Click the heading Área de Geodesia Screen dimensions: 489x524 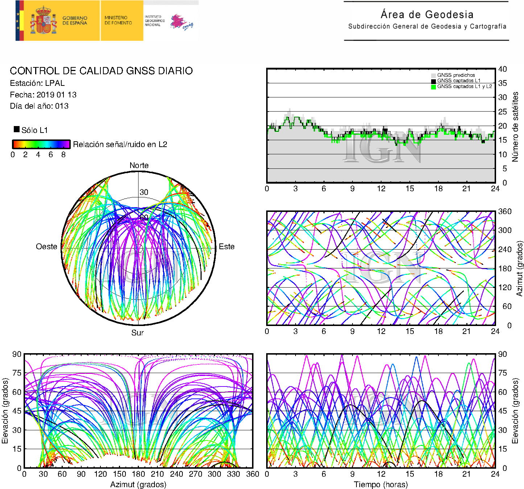[427, 15]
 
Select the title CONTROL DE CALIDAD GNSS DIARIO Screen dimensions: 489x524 [101, 71]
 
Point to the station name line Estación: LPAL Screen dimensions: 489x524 [37, 83]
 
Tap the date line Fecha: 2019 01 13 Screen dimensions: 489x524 [43, 95]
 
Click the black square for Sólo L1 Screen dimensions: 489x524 [17, 129]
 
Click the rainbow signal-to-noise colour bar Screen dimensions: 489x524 [41, 144]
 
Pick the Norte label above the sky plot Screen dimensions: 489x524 [139, 166]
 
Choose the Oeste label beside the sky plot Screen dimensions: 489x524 [46, 247]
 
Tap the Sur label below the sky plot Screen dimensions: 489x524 [137, 333]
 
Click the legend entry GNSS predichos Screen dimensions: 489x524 [455, 75]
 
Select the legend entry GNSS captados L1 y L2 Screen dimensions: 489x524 [464, 87]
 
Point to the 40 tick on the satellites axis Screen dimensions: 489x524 [502, 69]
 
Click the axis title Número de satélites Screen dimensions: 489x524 [515, 126]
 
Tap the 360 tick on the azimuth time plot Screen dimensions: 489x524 [504, 212]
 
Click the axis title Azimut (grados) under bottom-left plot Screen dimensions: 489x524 [138, 484]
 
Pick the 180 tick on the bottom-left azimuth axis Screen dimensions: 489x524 [138, 474]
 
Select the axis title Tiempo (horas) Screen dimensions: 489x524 [381, 484]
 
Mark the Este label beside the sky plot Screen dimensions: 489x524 [227, 247]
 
